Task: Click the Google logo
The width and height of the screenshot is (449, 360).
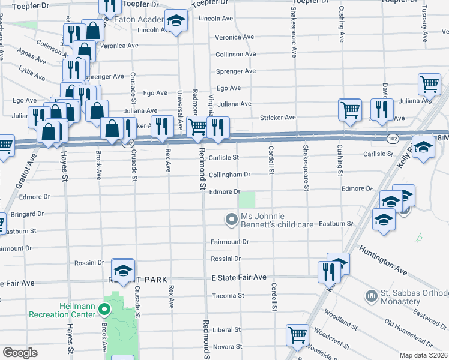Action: (x=20, y=353)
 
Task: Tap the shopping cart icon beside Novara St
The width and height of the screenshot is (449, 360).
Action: (x=297, y=335)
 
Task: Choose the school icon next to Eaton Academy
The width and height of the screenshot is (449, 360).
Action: (x=176, y=22)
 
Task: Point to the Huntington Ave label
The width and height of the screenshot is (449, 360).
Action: (x=384, y=257)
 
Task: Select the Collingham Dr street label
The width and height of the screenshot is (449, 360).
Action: (x=229, y=175)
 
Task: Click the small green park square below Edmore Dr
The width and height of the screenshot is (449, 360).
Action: (x=247, y=199)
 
